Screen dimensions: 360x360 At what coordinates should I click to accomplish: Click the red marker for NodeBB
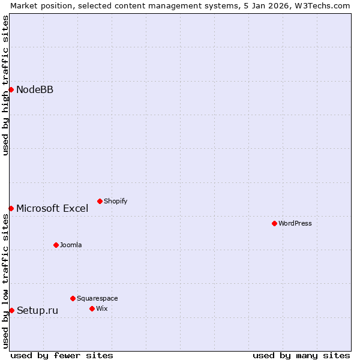(x=11, y=89)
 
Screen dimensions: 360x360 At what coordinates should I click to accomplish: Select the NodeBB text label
(x=35, y=90)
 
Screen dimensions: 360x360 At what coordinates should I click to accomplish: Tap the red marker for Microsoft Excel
(x=11, y=208)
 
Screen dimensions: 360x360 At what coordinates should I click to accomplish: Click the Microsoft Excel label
(x=52, y=209)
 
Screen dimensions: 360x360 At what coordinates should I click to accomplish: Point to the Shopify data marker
(x=100, y=201)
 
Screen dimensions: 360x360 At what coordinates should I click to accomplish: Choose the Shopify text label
(x=115, y=202)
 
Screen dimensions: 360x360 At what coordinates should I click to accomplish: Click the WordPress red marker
(x=274, y=223)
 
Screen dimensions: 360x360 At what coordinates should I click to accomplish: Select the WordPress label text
(x=295, y=224)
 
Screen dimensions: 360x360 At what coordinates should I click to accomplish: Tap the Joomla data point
(x=56, y=245)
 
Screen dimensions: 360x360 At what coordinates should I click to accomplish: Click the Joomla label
(x=71, y=245)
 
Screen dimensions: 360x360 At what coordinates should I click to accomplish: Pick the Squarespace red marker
(x=73, y=298)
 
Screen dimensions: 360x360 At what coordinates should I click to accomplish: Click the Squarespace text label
(x=97, y=299)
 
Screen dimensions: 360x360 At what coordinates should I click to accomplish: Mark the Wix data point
(x=92, y=308)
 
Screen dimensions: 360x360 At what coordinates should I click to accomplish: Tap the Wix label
(x=101, y=309)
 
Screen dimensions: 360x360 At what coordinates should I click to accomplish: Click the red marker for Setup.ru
(x=11, y=310)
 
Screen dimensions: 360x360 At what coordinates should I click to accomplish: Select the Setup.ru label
(x=37, y=311)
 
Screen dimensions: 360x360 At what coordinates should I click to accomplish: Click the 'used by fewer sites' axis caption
(x=62, y=355)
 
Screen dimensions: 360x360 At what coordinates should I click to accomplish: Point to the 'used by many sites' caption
(x=301, y=355)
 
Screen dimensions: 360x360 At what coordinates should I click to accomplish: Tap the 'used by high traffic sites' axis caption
(x=5, y=85)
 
